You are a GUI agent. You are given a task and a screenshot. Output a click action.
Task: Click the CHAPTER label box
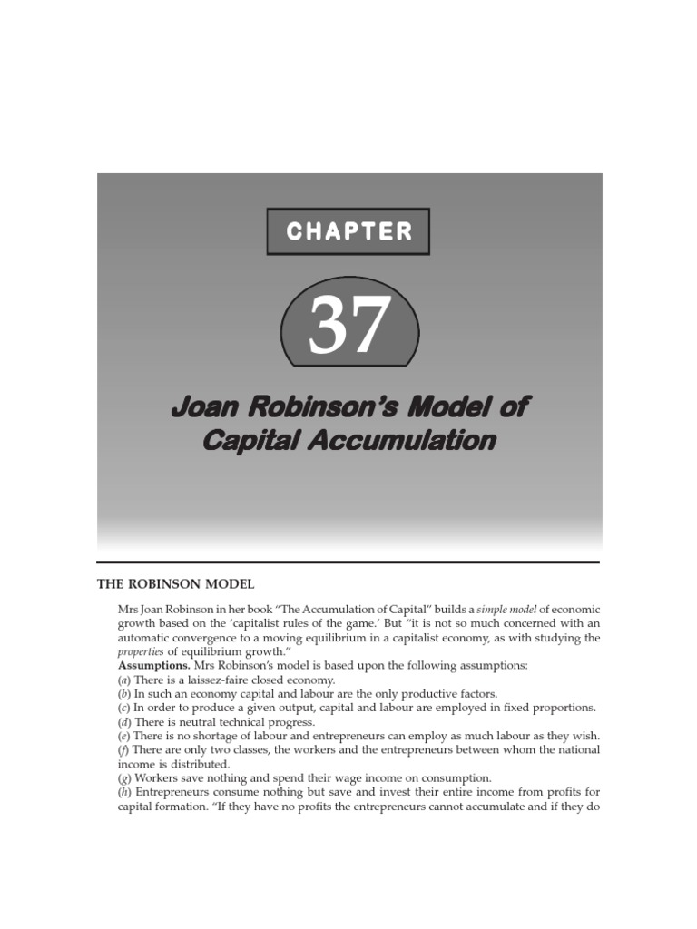tap(348, 231)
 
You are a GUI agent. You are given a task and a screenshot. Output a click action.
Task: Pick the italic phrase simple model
tap(499, 609)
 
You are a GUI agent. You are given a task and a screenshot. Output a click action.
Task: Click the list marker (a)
tap(124, 680)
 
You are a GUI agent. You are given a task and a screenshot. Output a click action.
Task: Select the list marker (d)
tap(124, 721)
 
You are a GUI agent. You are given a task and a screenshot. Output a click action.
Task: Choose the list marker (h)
tap(124, 792)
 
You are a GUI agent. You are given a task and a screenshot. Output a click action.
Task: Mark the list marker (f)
tap(123, 749)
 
